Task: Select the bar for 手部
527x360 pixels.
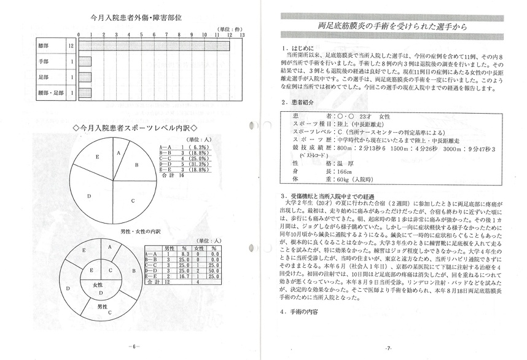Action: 85,61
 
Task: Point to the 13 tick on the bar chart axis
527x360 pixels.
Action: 242,35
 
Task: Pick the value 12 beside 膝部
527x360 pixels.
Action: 72,46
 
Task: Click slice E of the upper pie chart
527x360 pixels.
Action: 96,158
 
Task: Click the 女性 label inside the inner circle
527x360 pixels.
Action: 98,285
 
